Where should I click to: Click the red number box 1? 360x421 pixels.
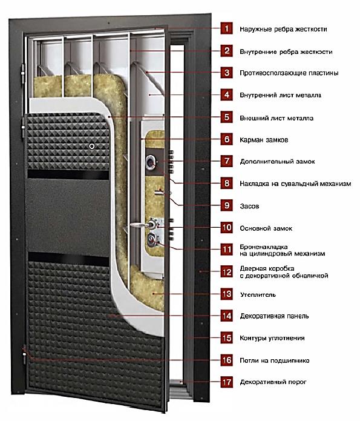coord(227,28)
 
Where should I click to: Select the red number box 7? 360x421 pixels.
coord(227,161)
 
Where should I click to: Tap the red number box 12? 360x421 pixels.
coord(227,272)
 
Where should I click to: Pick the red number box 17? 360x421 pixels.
coord(227,382)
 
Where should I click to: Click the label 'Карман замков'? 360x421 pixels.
coord(264,140)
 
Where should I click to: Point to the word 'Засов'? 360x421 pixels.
coord(249,206)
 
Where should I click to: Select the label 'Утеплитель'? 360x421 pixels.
coord(258,295)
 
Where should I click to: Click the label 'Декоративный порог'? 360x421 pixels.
coord(273,382)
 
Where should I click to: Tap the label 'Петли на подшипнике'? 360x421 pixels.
coord(275,360)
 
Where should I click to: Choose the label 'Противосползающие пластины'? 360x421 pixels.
coord(289,73)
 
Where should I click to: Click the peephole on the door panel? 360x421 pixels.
coord(92,147)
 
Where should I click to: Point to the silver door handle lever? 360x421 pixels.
coord(140,225)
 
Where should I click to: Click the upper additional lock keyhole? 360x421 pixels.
coord(151,162)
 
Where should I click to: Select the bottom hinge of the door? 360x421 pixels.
coord(24,354)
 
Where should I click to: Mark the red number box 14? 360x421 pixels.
coord(227,316)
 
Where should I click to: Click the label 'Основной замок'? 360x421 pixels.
coord(266,228)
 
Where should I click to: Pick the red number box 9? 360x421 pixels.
coord(227,206)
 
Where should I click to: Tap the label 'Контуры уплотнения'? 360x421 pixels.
coord(272,338)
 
